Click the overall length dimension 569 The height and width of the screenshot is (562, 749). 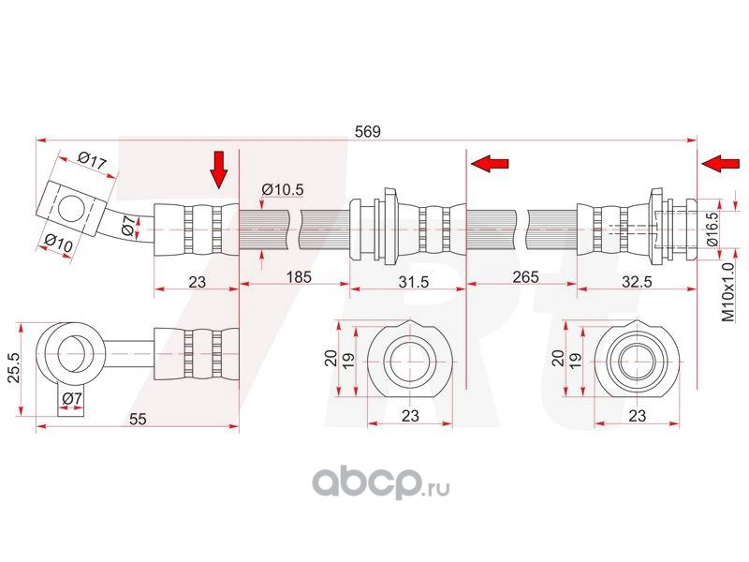(x=368, y=132)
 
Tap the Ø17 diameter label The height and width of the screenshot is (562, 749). (x=92, y=161)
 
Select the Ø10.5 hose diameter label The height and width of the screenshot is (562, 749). (x=283, y=190)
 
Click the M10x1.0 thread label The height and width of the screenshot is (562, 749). (x=727, y=292)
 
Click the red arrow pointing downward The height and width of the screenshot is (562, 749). (x=218, y=170)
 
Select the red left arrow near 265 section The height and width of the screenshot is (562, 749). (x=489, y=165)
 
